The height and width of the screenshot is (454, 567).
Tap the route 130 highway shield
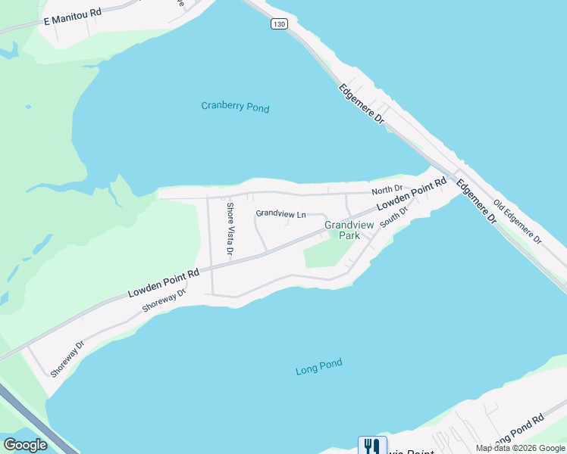pos(280,25)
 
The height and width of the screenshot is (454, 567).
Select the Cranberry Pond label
pos(235,107)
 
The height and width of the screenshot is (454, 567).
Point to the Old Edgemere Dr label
pos(518,221)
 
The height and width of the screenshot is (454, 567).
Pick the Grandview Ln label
pos(280,214)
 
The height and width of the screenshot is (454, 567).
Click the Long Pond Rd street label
pos(519,431)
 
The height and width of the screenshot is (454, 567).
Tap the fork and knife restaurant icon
pos(371,446)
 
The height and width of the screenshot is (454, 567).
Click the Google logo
pos(25,445)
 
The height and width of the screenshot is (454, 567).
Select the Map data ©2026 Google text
pos(521,448)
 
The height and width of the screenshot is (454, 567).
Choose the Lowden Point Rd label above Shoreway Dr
pos(163,282)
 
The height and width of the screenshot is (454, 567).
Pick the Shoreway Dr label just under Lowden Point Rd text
pos(164,300)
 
